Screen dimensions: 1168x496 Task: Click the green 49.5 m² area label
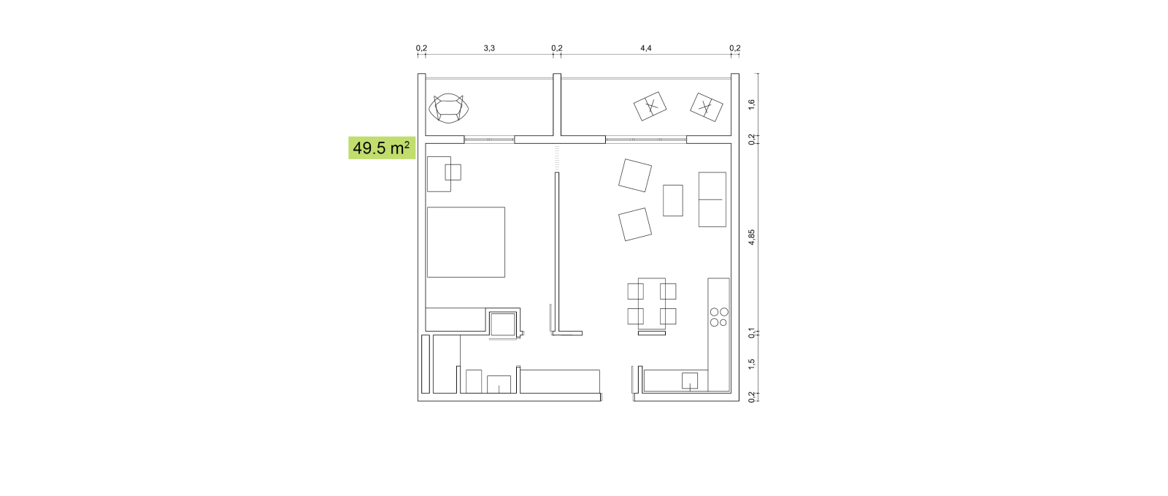click(x=382, y=148)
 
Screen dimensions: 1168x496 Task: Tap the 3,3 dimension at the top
click(x=489, y=48)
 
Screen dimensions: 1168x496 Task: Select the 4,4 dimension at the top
click(x=646, y=48)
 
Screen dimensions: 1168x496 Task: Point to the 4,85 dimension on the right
click(x=751, y=237)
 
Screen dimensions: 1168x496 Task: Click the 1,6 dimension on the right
click(x=751, y=104)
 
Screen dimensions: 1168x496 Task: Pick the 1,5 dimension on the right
click(x=751, y=364)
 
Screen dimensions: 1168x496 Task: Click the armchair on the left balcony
click(x=448, y=108)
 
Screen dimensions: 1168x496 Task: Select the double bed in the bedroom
click(x=466, y=242)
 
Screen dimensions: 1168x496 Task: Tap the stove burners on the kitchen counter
click(x=719, y=317)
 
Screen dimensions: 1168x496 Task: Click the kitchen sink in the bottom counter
click(x=690, y=381)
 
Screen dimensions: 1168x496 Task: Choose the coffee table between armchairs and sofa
click(x=673, y=200)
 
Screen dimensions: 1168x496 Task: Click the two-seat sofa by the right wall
click(x=712, y=199)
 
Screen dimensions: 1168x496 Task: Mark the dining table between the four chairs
click(x=652, y=304)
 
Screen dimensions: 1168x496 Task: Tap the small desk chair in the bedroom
click(x=453, y=172)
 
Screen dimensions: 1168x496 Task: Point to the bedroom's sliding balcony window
click(x=489, y=140)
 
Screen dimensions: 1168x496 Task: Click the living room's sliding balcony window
click(x=646, y=140)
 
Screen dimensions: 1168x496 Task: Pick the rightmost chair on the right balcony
click(x=707, y=107)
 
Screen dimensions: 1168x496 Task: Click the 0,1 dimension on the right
click(x=751, y=332)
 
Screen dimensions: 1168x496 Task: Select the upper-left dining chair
click(x=635, y=291)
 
